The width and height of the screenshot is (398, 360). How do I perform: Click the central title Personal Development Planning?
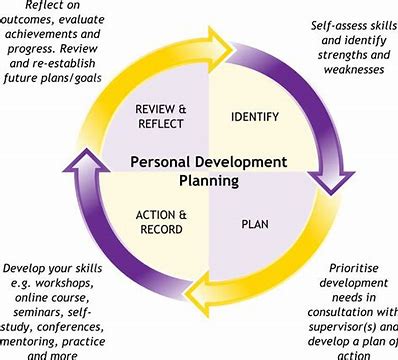tap(198, 169)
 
